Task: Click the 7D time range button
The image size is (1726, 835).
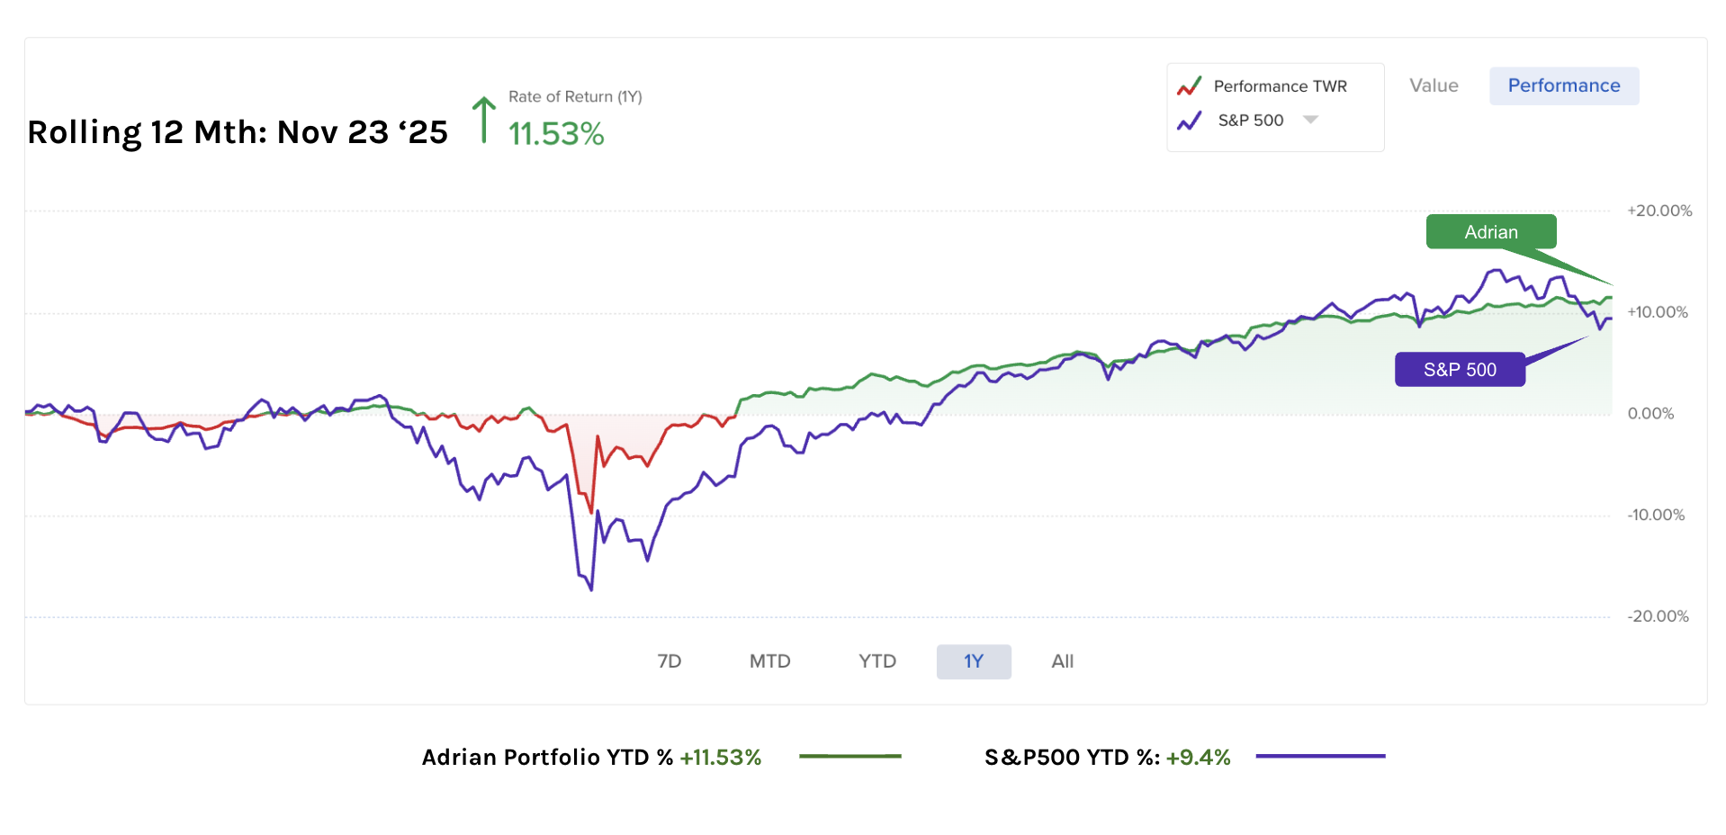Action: [669, 661]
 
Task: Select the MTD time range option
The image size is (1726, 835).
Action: [769, 661]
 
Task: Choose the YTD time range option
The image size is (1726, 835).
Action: [876, 661]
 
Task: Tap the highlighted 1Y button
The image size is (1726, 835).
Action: [974, 661]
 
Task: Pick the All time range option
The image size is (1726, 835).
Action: [1062, 661]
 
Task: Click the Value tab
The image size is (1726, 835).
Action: [1434, 85]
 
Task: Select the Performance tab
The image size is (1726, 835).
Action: [1563, 85]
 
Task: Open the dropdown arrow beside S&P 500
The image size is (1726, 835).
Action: [1310, 120]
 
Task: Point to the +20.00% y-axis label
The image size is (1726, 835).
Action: [1659, 211]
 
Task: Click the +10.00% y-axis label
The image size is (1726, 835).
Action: [1657, 312]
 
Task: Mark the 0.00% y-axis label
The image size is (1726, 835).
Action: [1650, 414]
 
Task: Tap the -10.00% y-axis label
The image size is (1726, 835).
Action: [1656, 516]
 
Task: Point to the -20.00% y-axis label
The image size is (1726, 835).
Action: [1658, 616]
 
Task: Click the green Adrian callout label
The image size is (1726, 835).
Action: [1490, 232]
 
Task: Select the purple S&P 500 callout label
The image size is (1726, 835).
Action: [1459, 370]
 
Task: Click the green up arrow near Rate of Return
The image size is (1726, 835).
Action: [484, 120]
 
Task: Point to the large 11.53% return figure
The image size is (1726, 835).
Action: [556, 134]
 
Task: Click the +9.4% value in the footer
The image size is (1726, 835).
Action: [1198, 758]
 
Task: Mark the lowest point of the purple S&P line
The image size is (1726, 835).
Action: [591, 589]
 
